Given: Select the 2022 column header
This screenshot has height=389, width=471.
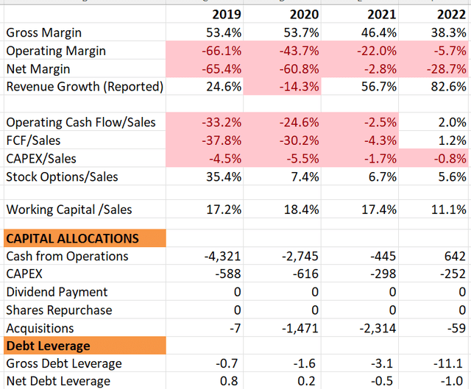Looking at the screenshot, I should click(x=451, y=15).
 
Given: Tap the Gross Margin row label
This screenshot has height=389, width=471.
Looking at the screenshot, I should click(x=44, y=33).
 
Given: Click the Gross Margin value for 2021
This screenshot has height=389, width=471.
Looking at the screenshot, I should click(x=378, y=33).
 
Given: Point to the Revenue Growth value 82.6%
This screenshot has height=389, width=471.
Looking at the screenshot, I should click(x=447, y=87).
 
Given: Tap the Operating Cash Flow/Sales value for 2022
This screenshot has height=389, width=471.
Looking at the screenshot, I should click(x=453, y=122).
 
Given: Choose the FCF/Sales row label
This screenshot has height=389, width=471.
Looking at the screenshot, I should click(x=34, y=140).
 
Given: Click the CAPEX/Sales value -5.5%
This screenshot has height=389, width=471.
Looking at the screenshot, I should click(x=300, y=158).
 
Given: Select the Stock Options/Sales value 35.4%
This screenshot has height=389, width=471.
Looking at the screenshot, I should click(x=224, y=176).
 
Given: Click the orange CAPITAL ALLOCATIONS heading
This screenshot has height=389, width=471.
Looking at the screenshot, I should click(x=72, y=239).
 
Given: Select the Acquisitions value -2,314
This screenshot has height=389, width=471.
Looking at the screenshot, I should click(x=375, y=328).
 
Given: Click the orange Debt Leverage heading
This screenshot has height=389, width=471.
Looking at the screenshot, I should click(x=48, y=346).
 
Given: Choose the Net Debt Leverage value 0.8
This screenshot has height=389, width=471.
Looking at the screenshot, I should click(x=233, y=381).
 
